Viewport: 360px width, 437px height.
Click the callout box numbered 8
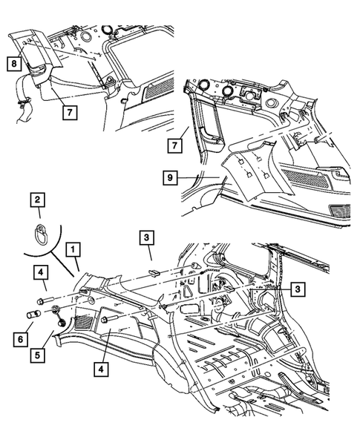point(14,64)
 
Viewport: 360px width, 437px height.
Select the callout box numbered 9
point(170,177)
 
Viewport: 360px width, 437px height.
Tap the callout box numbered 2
point(37,200)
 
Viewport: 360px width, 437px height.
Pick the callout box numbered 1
point(73,249)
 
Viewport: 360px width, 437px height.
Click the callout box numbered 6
point(21,340)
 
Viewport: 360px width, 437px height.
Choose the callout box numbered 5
point(38,355)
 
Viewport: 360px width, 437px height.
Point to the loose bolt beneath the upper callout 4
point(45,301)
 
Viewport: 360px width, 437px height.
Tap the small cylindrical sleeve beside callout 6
point(33,315)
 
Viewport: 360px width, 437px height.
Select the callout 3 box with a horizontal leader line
point(298,289)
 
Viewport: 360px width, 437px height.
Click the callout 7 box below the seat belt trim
point(70,112)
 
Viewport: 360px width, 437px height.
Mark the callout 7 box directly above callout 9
point(175,145)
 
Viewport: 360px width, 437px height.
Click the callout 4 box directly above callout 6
point(41,272)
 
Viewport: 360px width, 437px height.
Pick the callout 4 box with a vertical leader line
point(101,369)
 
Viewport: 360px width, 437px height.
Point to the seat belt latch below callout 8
point(23,103)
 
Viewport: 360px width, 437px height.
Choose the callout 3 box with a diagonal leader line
point(147,237)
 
